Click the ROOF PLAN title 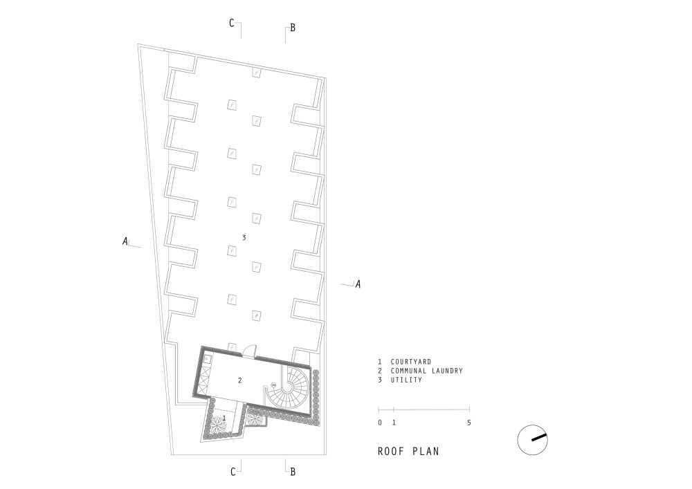click(x=408, y=451)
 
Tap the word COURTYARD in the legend click(x=411, y=362)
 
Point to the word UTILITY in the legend click(x=406, y=380)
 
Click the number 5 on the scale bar click(x=468, y=423)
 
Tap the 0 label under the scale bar click(x=380, y=423)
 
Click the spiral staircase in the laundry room click(x=287, y=388)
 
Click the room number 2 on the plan click(x=240, y=380)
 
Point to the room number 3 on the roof click(x=244, y=238)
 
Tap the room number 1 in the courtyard click(x=224, y=417)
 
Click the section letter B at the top click(x=292, y=28)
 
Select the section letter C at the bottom click(x=233, y=472)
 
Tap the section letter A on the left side click(x=125, y=241)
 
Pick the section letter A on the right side click(x=358, y=284)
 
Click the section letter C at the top click(x=232, y=23)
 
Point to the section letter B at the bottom click(x=293, y=472)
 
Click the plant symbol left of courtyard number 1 click(x=217, y=425)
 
